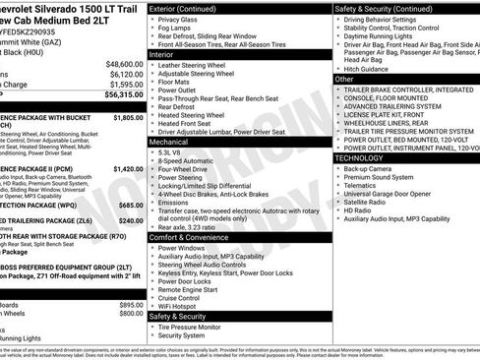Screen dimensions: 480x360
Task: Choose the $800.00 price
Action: point(131,314)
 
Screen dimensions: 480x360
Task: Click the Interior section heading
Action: point(162,54)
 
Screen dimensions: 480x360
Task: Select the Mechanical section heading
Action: point(169,142)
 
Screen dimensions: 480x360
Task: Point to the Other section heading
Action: point(344,79)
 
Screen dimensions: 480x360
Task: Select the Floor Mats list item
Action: point(178,83)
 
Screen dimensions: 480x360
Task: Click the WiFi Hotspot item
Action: point(182,305)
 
